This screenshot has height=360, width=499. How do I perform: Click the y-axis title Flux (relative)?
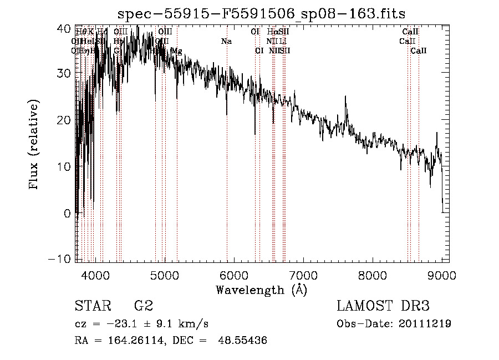coord(34,145)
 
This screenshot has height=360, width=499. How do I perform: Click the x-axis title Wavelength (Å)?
coord(261,290)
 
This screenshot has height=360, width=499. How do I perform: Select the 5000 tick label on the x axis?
coord(165,275)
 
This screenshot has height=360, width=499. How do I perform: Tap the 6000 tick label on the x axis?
coord(234,275)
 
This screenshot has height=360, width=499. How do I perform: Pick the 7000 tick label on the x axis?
coord(303,275)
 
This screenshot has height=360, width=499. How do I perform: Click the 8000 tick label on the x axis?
coord(373,275)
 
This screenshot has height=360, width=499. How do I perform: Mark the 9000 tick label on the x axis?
coord(442,275)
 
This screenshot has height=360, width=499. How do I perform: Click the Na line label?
coord(226,42)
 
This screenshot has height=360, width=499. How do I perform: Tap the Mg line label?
coord(176,51)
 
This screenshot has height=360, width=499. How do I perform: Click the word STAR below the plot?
coord(91,306)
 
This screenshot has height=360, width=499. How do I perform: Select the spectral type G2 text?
coord(143,306)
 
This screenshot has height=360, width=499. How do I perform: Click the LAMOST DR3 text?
coord(383,306)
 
